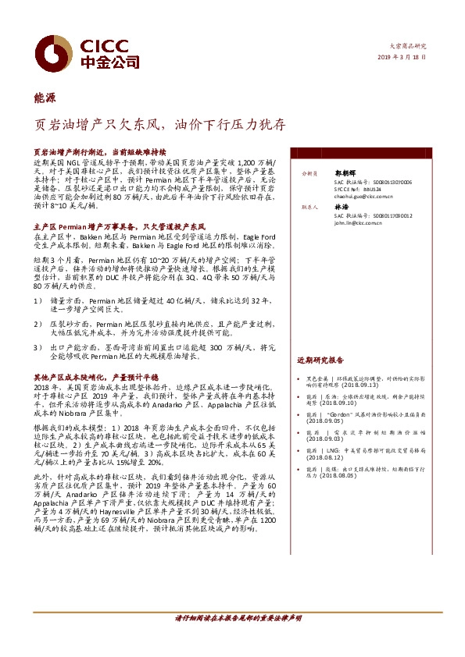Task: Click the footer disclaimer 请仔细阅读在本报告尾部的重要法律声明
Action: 232,618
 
